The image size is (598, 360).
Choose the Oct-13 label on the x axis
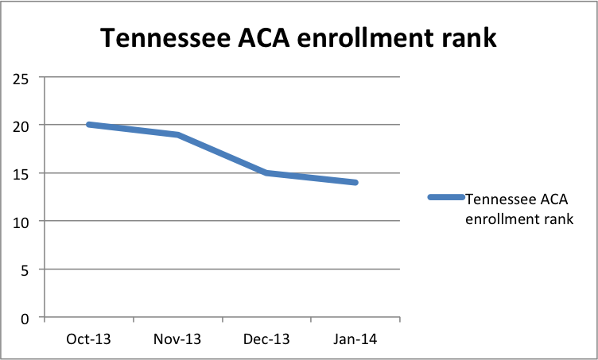click(89, 339)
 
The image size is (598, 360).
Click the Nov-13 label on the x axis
click(178, 339)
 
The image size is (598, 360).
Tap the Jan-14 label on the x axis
click(355, 339)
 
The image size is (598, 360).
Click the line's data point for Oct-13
click(89, 125)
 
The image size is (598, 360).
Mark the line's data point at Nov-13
click(178, 134)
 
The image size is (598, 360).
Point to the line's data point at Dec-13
click(268, 172)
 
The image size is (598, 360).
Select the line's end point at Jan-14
click(355, 183)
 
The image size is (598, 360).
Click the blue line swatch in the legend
click(446, 197)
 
